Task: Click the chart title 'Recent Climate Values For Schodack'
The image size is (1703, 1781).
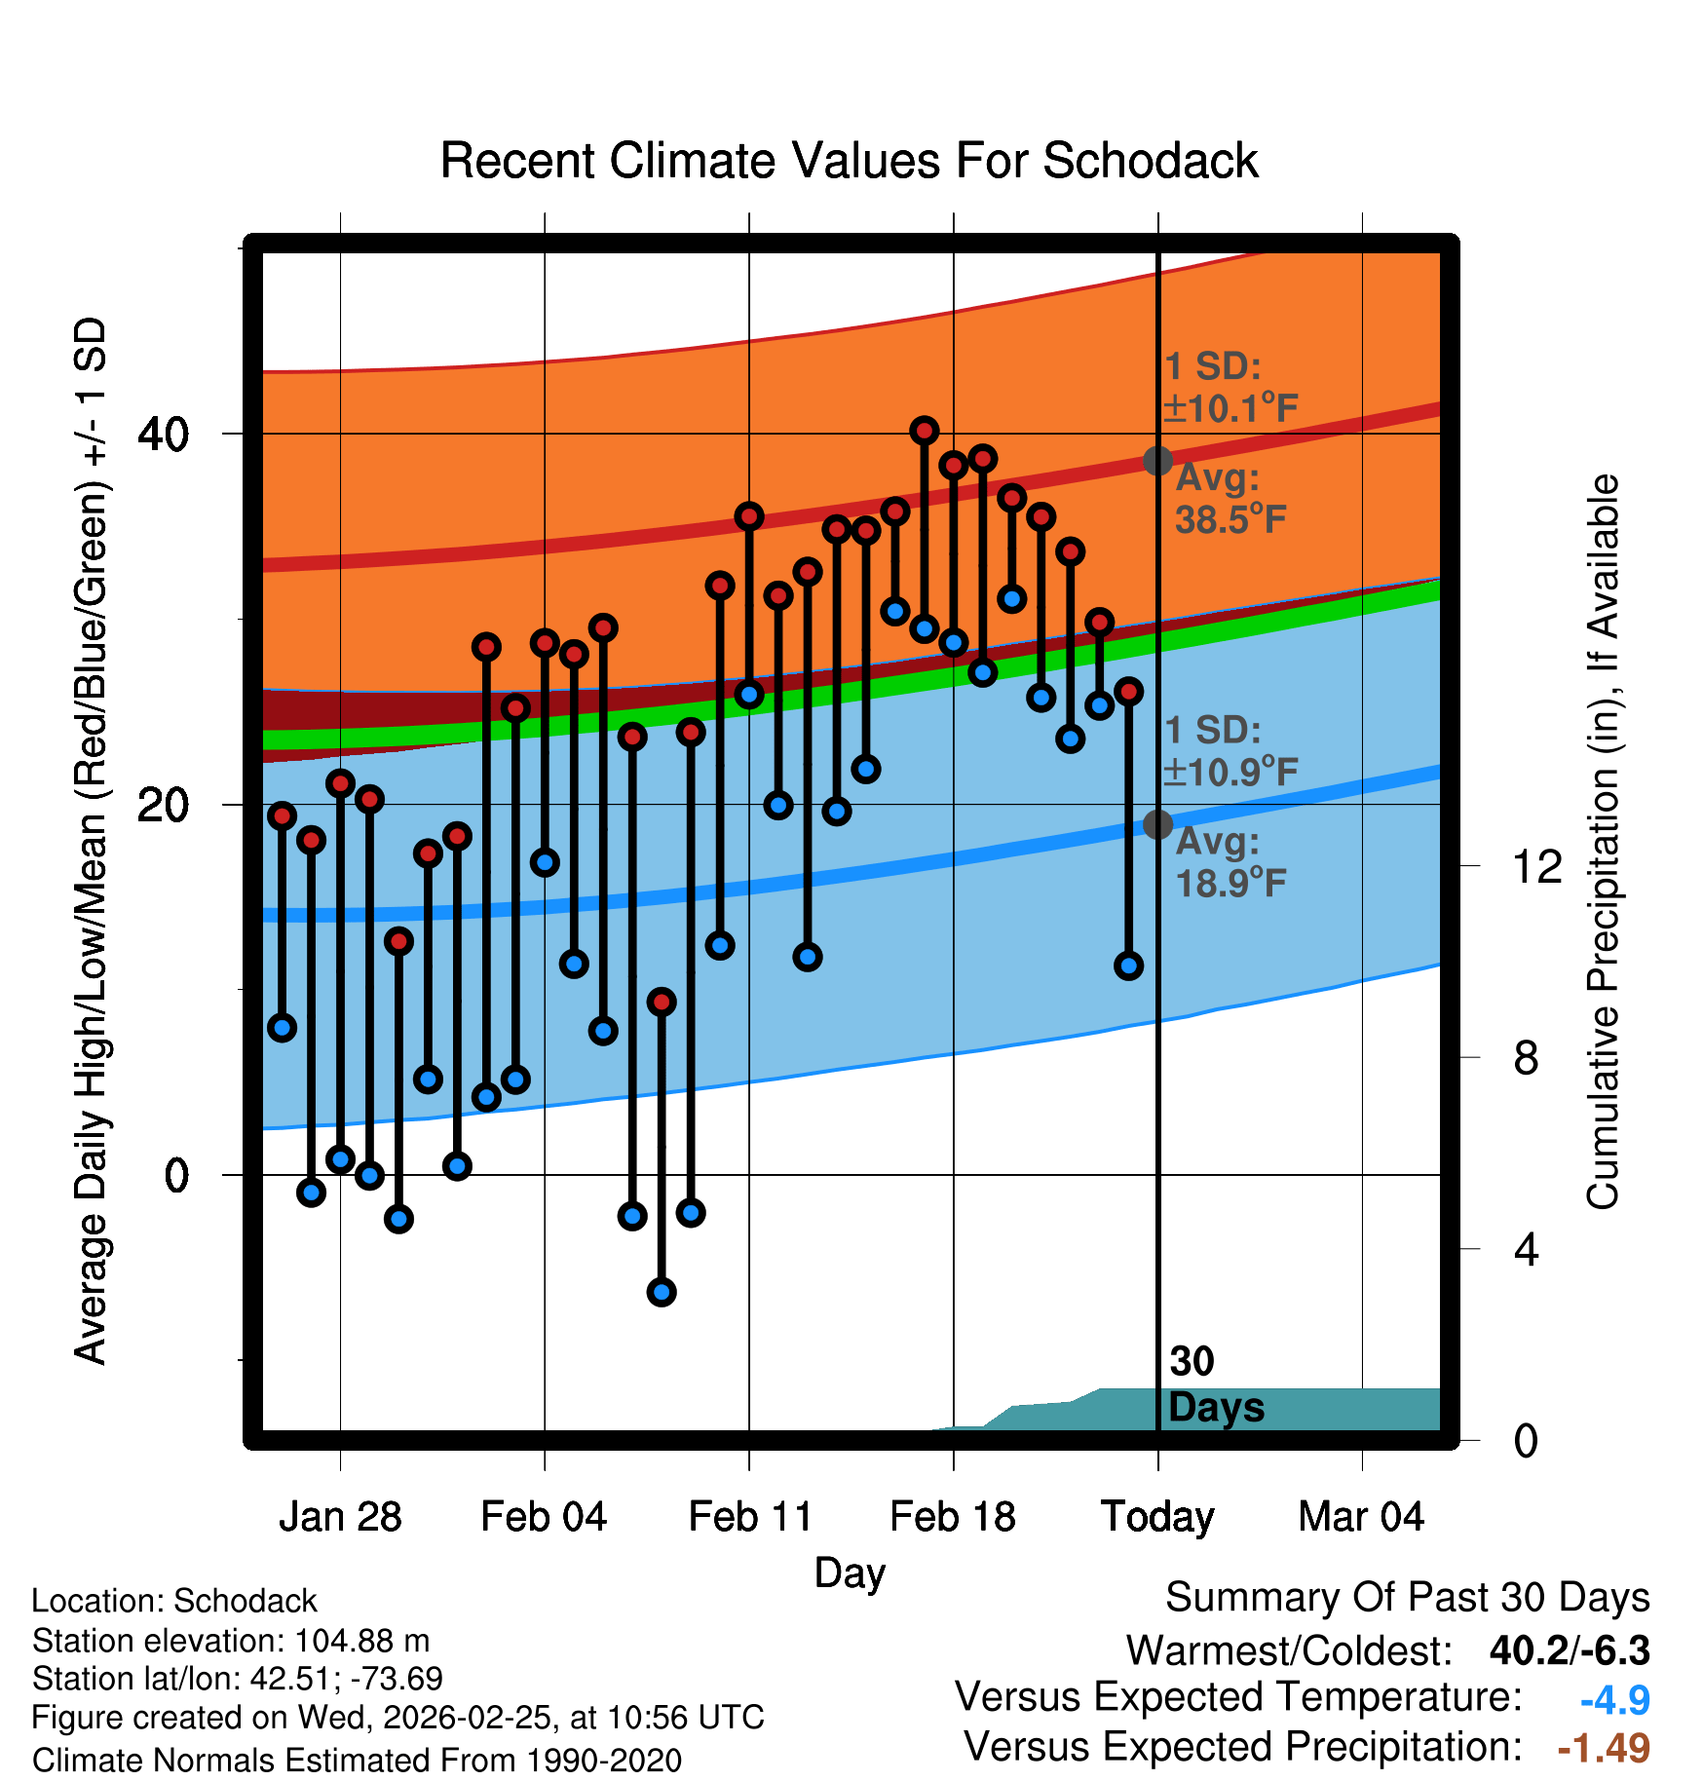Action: pyautogui.click(x=849, y=161)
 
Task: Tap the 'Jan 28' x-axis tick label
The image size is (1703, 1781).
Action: pyautogui.click(x=340, y=1517)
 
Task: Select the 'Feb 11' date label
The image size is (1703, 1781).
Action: pyautogui.click(x=749, y=1517)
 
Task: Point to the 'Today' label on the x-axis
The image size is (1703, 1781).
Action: pyautogui.click(x=1157, y=1517)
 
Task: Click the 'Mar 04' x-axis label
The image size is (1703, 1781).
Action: pyautogui.click(x=1361, y=1517)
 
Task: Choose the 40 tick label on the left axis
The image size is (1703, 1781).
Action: pyautogui.click(x=163, y=434)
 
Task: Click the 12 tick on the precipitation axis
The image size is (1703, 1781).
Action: pyautogui.click(x=1537, y=866)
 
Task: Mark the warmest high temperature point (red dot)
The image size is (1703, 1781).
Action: pyautogui.click(x=925, y=430)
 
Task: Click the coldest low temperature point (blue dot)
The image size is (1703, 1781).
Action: pyautogui.click(x=662, y=1292)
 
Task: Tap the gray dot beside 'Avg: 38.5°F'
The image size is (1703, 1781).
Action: pyautogui.click(x=1157, y=461)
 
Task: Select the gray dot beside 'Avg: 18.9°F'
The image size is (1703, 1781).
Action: pyautogui.click(x=1157, y=824)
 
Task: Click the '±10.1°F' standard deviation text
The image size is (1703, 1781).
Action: pyautogui.click(x=1230, y=408)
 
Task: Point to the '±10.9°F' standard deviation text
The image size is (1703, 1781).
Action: pyautogui.click(x=1230, y=773)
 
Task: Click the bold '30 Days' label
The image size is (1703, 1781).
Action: pyautogui.click(x=1215, y=1385)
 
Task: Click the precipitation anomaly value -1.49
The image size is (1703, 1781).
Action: pyautogui.click(x=1604, y=1748)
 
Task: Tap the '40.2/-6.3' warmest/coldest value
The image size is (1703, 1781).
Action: pyautogui.click(x=1570, y=1650)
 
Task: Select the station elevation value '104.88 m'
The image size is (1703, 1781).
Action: pyautogui.click(x=361, y=1641)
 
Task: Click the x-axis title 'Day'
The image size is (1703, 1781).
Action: pyautogui.click(x=850, y=1573)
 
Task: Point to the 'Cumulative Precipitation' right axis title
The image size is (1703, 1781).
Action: pyautogui.click(x=1604, y=843)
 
